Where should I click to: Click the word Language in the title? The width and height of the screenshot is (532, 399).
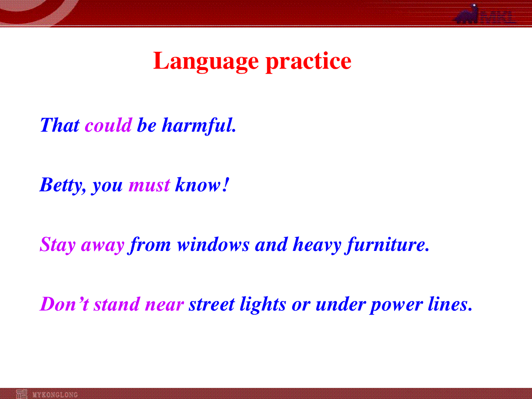click(x=206, y=62)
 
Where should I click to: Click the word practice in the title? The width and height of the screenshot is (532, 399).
click(x=309, y=62)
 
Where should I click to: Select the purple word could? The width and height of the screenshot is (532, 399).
click(x=109, y=125)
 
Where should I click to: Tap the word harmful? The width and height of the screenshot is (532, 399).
click(x=199, y=126)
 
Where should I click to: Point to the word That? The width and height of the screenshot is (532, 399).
click(x=60, y=125)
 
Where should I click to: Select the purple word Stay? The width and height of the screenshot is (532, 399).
click(x=58, y=245)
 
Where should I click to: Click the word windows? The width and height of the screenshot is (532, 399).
click(x=213, y=244)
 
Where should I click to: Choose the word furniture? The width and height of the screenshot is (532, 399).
click(x=387, y=245)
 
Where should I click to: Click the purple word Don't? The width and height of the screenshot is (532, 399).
click(x=64, y=304)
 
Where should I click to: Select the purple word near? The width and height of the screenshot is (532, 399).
click(x=164, y=305)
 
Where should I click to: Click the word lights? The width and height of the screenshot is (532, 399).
click(x=263, y=305)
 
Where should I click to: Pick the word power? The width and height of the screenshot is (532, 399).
click(x=396, y=306)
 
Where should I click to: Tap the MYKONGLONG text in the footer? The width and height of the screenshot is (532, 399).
click(x=55, y=395)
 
